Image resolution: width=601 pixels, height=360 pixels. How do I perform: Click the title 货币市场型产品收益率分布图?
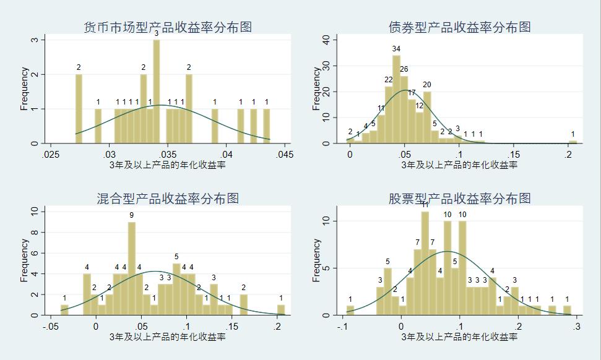(x=168, y=27)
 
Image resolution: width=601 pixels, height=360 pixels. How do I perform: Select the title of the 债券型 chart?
(x=459, y=27)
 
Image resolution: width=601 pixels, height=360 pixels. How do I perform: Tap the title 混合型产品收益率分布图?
(x=168, y=199)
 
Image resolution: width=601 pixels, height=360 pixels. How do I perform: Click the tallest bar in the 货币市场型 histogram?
(x=157, y=92)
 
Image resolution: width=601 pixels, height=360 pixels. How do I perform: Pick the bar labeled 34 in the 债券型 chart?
(x=396, y=99)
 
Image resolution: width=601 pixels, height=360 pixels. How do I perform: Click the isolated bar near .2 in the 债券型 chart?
(x=573, y=142)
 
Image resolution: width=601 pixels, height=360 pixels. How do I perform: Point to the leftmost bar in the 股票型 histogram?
(x=350, y=311)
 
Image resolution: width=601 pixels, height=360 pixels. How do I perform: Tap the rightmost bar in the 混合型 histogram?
(x=281, y=310)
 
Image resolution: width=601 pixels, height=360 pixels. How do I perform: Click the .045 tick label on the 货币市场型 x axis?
(x=283, y=154)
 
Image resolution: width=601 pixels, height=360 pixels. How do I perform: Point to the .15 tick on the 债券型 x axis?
(x=514, y=154)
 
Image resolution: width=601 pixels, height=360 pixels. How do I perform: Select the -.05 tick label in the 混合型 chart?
(x=50, y=326)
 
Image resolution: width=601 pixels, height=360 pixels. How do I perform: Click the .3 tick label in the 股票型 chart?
(x=576, y=326)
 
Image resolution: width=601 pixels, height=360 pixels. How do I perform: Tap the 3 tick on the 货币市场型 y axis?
(x=35, y=40)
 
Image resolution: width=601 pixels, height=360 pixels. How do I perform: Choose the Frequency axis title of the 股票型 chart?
(x=317, y=260)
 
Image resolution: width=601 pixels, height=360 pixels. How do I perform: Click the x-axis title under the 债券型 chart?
(x=459, y=165)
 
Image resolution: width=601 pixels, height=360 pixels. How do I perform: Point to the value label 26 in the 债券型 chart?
(x=404, y=69)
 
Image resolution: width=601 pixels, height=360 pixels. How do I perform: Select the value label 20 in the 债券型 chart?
(x=427, y=85)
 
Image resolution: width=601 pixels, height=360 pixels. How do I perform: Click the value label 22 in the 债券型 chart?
(x=389, y=80)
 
